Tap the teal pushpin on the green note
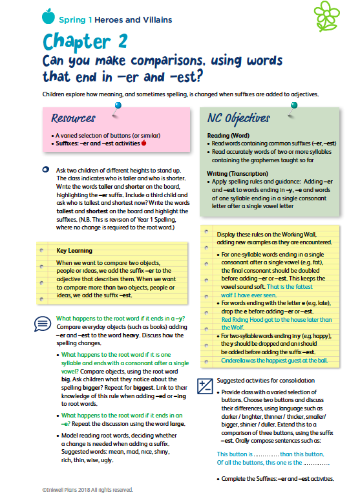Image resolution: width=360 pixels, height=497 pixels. pos(294,105)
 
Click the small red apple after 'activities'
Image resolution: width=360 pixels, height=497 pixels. pos(143,143)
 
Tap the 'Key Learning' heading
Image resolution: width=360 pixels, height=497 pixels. pos(74,250)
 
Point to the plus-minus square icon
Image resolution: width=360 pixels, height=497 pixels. pos(205,386)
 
